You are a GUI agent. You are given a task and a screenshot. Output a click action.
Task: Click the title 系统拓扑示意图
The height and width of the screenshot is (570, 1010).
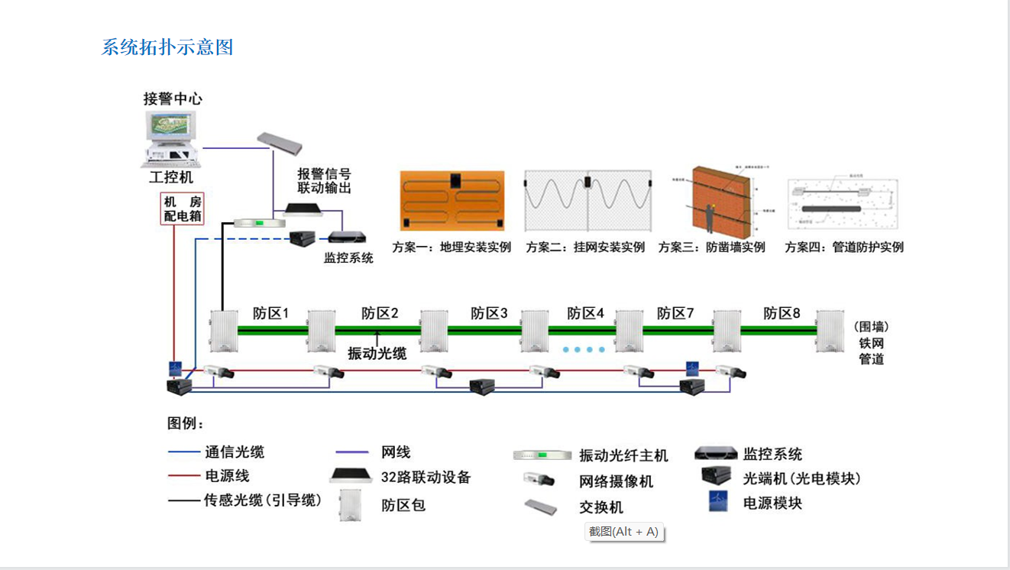tap(167, 47)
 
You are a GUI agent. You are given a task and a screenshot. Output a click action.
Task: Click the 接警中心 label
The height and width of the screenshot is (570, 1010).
tap(173, 99)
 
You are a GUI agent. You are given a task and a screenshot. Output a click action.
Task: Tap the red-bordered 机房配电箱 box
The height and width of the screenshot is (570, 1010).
tap(182, 209)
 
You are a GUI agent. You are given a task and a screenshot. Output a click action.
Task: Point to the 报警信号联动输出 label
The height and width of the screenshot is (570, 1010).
tap(324, 180)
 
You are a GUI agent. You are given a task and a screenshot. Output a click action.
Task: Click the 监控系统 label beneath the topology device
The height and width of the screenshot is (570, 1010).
tap(348, 258)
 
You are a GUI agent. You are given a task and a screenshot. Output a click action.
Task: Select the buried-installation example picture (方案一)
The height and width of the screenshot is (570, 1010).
tap(452, 200)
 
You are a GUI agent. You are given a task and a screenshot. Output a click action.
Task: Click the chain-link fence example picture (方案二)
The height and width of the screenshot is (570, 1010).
tap(588, 202)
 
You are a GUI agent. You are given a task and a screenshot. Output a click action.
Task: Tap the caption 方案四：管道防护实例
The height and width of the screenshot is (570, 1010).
tap(844, 248)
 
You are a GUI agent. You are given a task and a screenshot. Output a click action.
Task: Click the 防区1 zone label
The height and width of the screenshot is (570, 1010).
tap(271, 313)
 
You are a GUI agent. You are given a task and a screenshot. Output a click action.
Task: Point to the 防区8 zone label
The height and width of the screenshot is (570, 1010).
tap(782, 313)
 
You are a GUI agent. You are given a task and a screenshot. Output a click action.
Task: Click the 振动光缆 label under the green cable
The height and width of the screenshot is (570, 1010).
tap(377, 353)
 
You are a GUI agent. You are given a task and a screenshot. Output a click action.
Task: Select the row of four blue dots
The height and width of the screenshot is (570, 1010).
tap(584, 349)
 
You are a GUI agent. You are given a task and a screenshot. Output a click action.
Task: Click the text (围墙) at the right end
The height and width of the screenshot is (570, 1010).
tap(871, 326)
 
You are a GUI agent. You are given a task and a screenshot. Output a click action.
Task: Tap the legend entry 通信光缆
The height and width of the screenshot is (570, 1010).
tap(234, 452)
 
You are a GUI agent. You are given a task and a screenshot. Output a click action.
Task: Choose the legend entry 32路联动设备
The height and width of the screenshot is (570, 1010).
tap(426, 478)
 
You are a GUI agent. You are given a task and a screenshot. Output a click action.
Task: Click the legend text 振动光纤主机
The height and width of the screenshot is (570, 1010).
tap(623, 455)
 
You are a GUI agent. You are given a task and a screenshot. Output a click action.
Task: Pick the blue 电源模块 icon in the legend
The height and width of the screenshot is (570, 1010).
tap(717, 501)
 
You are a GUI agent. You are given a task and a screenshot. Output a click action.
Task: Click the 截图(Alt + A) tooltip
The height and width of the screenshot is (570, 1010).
tap(623, 532)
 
